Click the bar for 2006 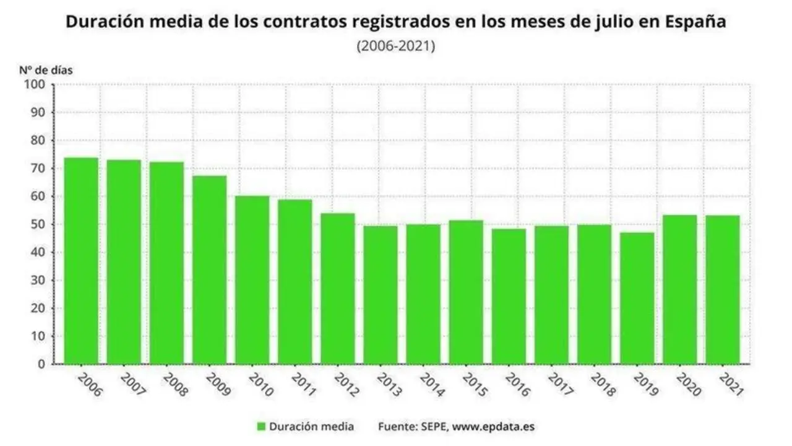[x=81, y=261]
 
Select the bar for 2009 [x=209, y=270]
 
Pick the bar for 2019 [x=637, y=298]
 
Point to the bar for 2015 [x=466, y=292]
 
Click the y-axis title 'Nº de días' [x=46, y=70]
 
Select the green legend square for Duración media [x=261, y=426]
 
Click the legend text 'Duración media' [x=312, y=426]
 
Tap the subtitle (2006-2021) [x=396, y=46]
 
